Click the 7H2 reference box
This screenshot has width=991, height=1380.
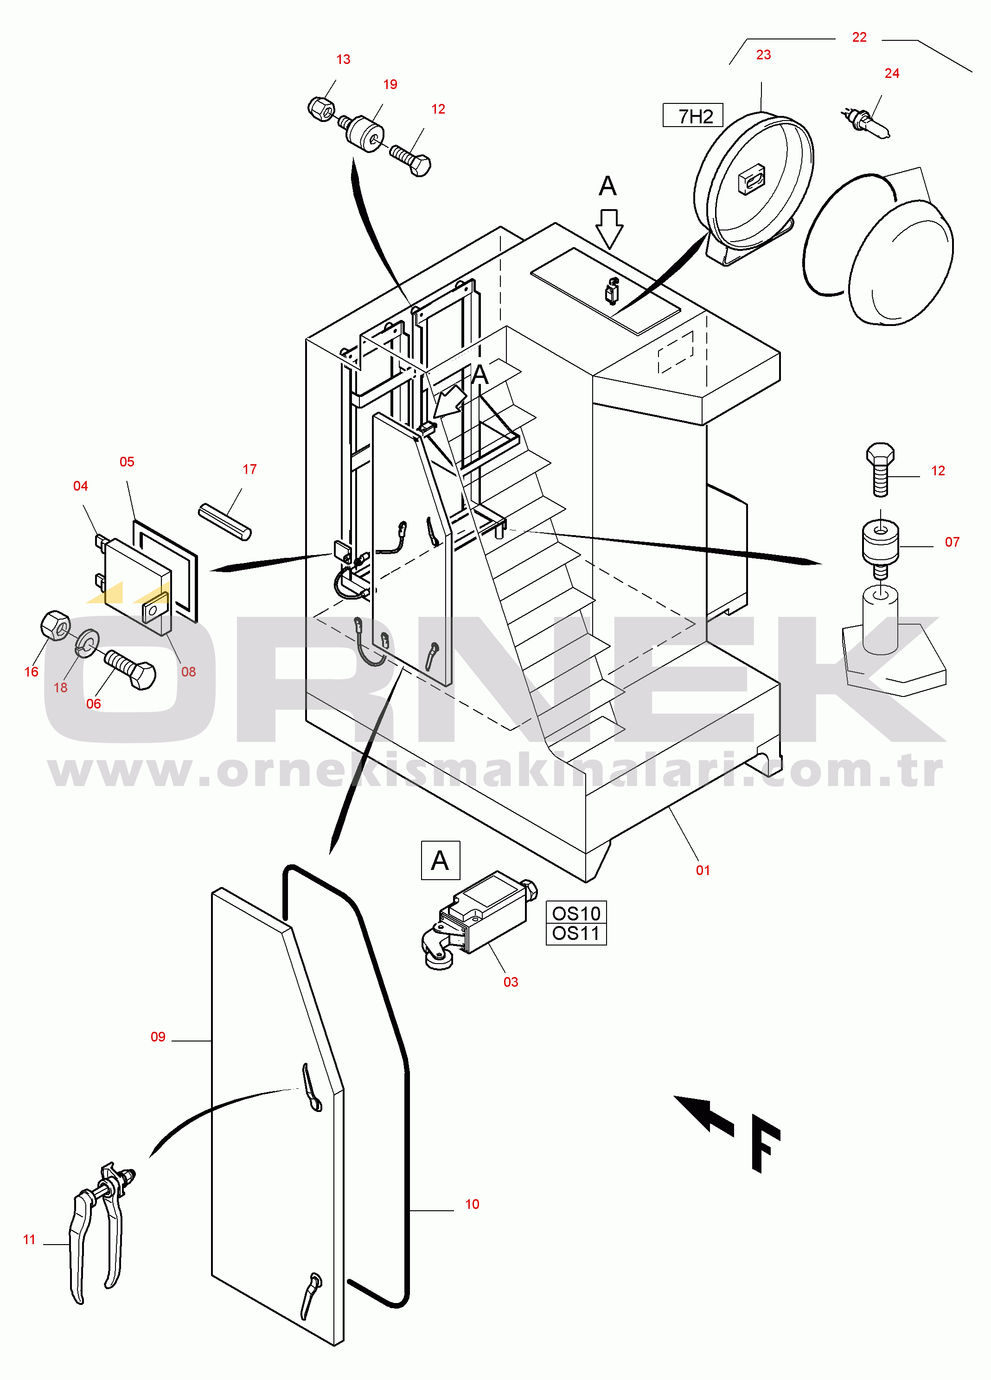pos(692,115)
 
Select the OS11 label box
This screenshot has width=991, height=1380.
pos(575,933)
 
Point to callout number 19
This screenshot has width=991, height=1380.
pos(390,84)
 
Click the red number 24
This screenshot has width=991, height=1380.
pos(891,74)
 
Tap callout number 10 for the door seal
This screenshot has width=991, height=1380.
pos(472,1204)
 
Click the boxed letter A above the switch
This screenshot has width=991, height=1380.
pos(440,860)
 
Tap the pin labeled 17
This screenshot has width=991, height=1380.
pos(224,522)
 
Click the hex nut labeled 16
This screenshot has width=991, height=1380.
pos(55,625)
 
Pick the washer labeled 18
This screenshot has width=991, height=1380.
pos(87,643)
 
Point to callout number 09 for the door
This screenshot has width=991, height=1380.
pos(158,1037)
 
